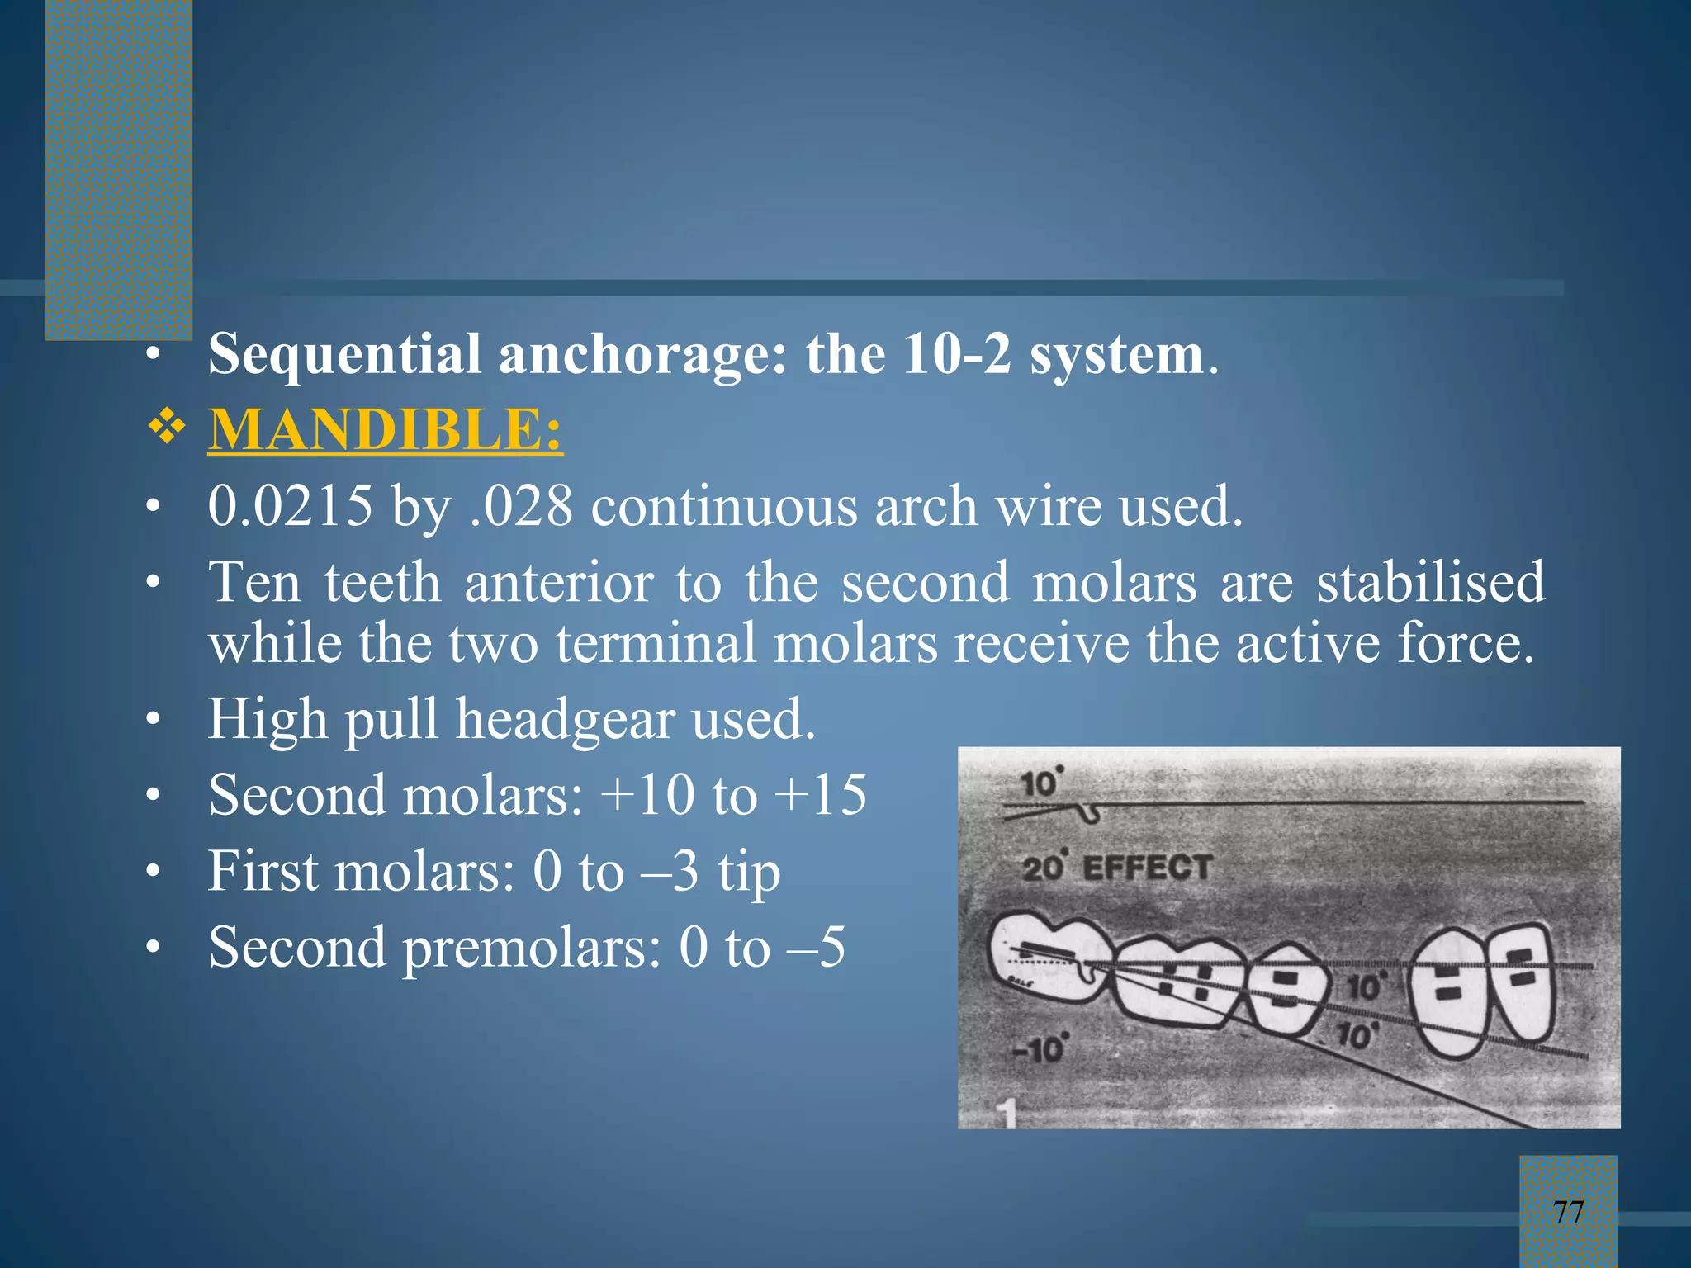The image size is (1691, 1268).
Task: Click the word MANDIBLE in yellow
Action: pyautogui.click(x=376, y=430)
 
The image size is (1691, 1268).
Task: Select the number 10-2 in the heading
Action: pyautogui.click(x=955, y=355)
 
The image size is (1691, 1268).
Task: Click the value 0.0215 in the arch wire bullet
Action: pyautogui.click(x=290, y=506)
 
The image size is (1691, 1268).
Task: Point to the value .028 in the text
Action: pyautogui.click(x=520, y=506)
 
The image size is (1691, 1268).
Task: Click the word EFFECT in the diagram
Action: pyautogui.click(x=1147, y=868)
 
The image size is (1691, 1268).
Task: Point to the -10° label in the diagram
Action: pyautogui.click(x=1039, y=1049)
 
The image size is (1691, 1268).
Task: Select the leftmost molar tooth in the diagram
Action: pyautogui.click(x=1044, y=962)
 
